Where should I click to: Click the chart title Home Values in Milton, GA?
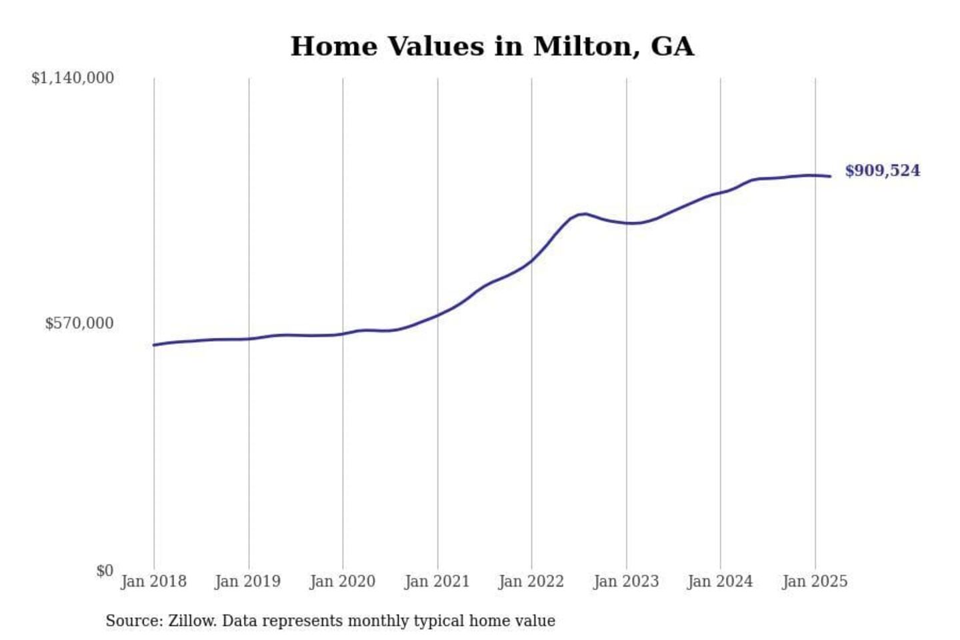pos(492,47)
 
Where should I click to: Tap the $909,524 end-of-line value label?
pos(882,171)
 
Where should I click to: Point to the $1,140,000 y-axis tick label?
pos(73,78)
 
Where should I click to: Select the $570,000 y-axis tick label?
pos(79,323)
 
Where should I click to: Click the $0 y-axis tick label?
pos(105,571)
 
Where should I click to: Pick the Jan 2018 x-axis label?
pos(153,581)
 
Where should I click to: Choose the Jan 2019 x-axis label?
pos(248,581)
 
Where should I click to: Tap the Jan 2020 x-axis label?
pos(343,581)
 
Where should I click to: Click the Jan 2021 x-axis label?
pos(437,581)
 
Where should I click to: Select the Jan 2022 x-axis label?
pos(531,581)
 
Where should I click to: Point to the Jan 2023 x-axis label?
pos(626,581)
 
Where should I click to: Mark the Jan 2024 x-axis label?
pos(720,581)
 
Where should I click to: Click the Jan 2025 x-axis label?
pos(815,581)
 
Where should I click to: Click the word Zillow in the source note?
pos(191,621)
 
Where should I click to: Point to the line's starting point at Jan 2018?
pos(154,345)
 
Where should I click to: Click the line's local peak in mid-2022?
pos(585,213)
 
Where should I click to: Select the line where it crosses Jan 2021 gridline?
pos(438,315)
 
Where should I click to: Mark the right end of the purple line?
pos(830,176)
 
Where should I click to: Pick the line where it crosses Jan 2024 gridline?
pos(721,193)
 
